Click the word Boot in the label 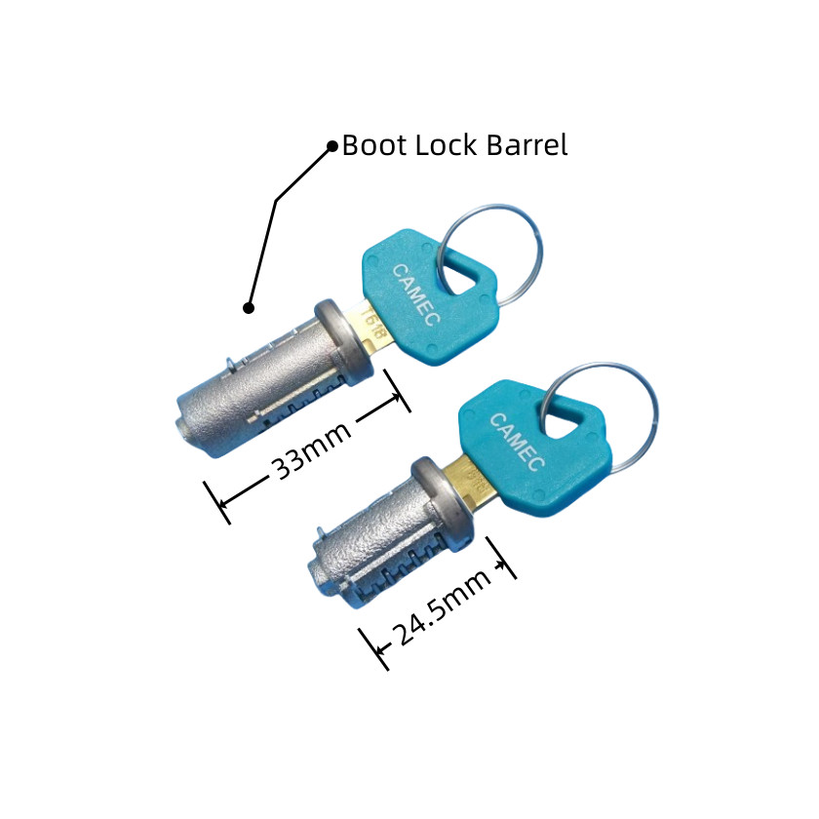pos(368,146)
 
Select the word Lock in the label pos(435,146)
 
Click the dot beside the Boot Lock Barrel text pos(331,147)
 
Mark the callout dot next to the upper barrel pos(249,308)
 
